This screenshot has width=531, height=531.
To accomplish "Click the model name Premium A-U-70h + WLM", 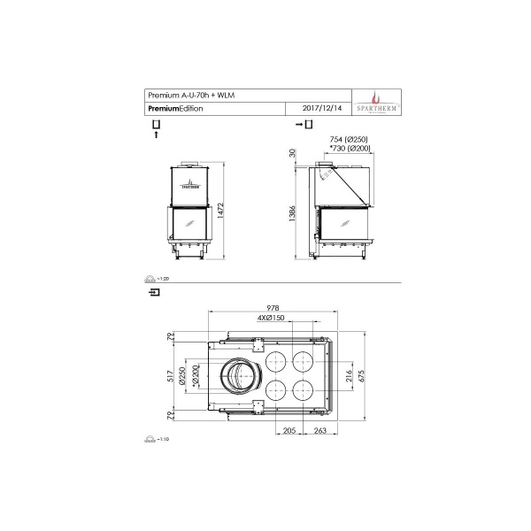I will (x=191, y=95).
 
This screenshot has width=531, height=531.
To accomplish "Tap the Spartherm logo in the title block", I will (x=379, y=101).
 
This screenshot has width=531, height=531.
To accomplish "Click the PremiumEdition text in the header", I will (x=175, y=108).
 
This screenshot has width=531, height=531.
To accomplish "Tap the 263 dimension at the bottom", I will (x=319, y=431).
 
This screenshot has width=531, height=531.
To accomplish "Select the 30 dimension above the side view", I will (x=293, y=154).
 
